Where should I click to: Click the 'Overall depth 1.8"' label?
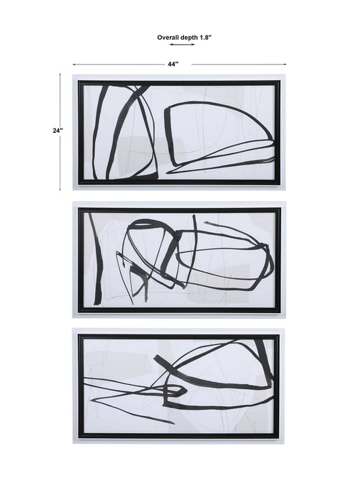coord(184,38)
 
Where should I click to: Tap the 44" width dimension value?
coord(173,65)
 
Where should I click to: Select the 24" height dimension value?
coord(58,130)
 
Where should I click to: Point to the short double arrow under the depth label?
coord(182,44)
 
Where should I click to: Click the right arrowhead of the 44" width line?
coord(285,65)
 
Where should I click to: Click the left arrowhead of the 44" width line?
coord(74,65)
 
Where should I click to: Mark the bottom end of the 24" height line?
coord(60,190)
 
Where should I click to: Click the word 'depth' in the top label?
coord(190,38)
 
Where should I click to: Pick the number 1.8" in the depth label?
coord(206,38)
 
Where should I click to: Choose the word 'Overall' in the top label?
coord(168,38)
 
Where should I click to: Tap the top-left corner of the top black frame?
coord(79,81)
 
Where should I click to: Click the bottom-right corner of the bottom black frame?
coord(278,438)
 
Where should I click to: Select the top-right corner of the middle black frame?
coord(280,208)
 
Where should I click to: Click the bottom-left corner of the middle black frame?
coord(79,312)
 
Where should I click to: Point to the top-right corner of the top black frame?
coord(280,81)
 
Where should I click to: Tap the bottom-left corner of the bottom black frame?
coord(79,438)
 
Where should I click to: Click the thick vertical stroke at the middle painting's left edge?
coord(97,259)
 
